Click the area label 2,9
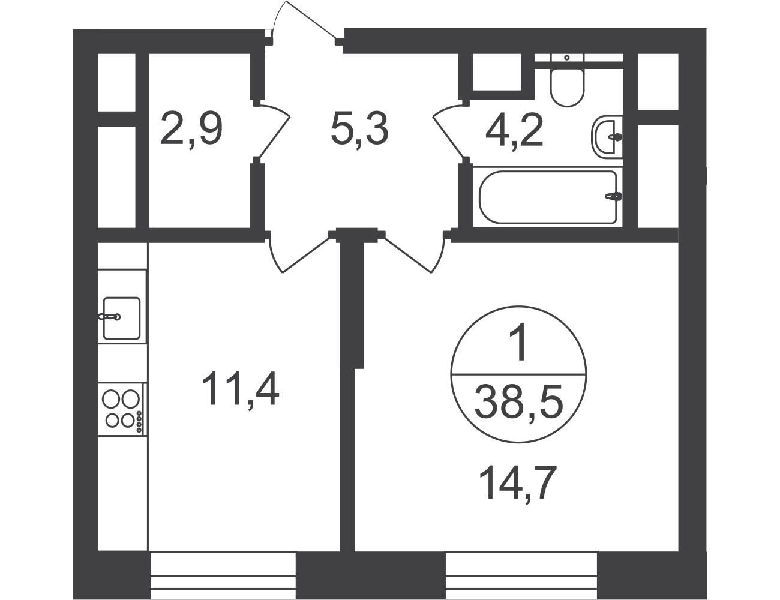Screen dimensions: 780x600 (191, 128)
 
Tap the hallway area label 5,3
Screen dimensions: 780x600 (360, 128)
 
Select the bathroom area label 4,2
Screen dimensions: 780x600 (514, 128)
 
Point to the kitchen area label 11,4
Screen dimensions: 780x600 (240, 388)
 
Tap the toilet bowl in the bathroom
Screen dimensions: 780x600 (567, 86)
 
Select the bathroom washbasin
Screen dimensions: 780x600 (607, 136)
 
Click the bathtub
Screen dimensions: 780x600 (548, 197)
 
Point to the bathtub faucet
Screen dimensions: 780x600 (613, 196)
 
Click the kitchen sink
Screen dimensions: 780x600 (121, 318)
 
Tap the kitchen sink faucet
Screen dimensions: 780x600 (109, 317)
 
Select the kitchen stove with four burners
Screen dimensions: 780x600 (122, 409)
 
